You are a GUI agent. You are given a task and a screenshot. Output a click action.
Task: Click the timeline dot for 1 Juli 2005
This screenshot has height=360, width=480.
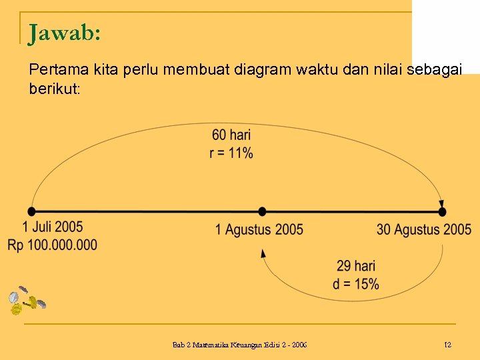click(32, 211)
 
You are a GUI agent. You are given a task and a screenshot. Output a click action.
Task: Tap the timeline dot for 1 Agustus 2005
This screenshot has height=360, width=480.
click(263, 211)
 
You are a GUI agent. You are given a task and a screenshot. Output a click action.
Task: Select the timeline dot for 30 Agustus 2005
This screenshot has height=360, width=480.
click(442, 211)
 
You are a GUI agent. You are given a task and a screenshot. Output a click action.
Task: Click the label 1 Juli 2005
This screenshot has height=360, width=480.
click(53, 228)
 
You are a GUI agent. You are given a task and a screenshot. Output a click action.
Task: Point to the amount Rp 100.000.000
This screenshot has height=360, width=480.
click(53, 245)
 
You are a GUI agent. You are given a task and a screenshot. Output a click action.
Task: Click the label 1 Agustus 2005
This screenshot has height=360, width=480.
click(259, 230)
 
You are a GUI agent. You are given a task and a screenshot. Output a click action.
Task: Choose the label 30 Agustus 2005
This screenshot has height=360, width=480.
click(423, 230)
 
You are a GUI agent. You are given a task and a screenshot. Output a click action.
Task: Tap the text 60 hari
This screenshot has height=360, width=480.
click(231, 136)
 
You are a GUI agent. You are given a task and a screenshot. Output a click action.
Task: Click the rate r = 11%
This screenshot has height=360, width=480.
click(231, 153)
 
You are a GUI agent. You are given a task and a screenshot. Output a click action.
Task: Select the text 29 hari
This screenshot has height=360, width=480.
click(356, 267)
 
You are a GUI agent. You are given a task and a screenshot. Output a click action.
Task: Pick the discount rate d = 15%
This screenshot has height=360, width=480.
click(356, 284)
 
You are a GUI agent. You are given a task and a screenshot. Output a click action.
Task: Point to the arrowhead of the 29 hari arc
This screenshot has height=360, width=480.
click(263, 253)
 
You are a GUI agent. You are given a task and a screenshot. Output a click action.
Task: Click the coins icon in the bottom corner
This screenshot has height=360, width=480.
click(25, 301)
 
